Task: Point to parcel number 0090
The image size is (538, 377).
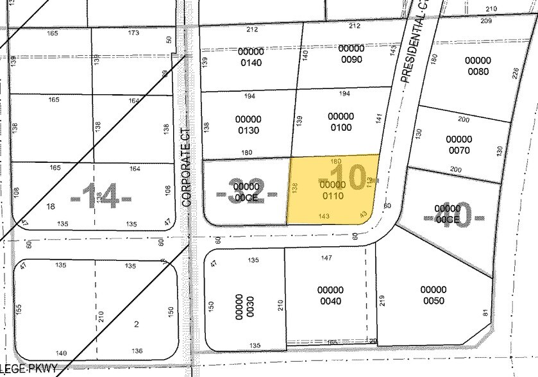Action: point(351,54)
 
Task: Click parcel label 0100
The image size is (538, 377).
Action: point(340,122)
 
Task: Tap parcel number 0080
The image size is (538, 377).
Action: point(477,66)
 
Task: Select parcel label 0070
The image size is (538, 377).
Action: point(458,145)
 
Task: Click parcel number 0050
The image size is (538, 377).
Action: point(433,295)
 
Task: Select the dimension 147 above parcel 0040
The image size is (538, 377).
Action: point(326,258)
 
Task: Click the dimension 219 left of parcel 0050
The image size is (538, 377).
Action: point(382,301)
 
